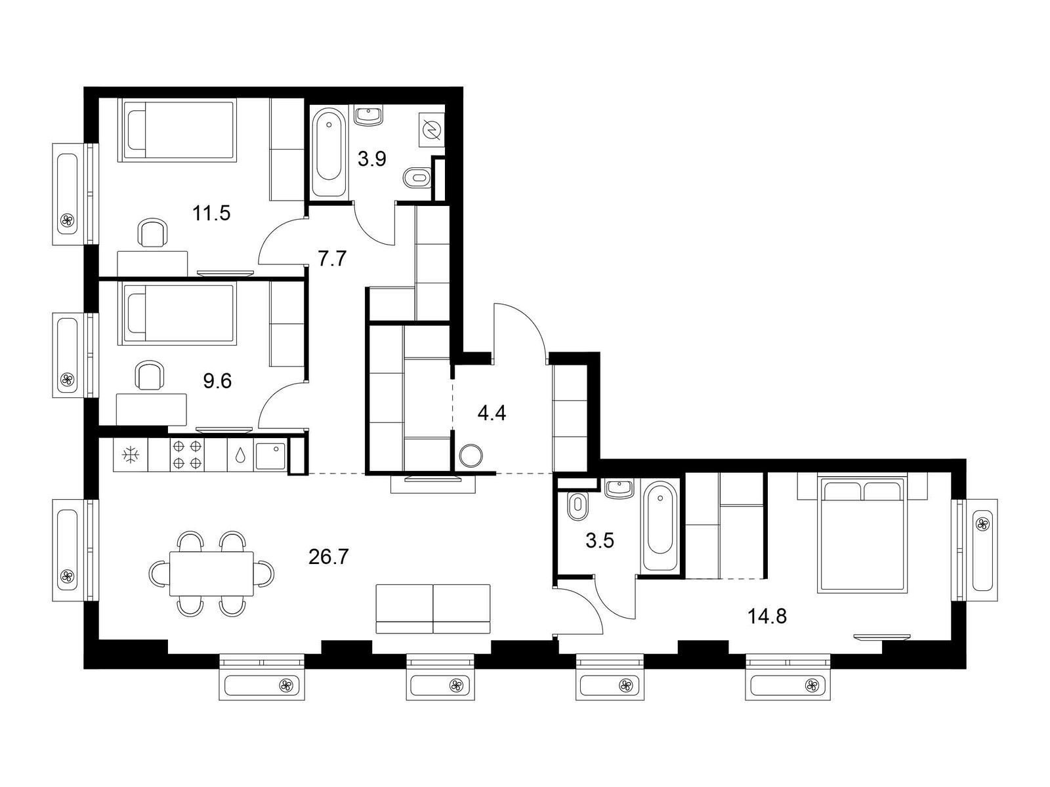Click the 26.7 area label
click(329, 557)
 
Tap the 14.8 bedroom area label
click(766, 616)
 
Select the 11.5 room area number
click(211, 212)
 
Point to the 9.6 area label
click(217, 381)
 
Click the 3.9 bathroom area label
click(371, 159)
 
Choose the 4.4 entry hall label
click(492, 413)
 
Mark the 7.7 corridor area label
click(332, 259)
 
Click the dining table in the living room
click(211, 573)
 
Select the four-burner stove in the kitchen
click(187, 455)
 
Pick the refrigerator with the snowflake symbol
click(131, 455)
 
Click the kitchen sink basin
click(271, 456)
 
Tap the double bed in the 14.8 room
click(862, 533)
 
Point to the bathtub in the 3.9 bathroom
click(329, 152)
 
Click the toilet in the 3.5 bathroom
click(577, 506)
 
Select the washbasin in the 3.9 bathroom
click(369, 115)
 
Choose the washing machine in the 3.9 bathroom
click(432, 129)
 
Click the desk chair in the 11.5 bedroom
click(153, 233)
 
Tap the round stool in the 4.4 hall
click(471, 455)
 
